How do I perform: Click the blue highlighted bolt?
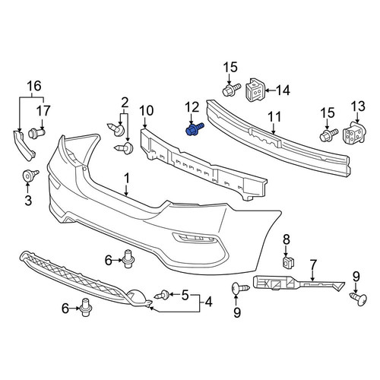tap(195, 129)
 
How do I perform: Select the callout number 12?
tap(192, 107)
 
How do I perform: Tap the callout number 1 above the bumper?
tap(126, 179)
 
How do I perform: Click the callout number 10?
tap(147, 111)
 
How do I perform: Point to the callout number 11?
tap(274, 117)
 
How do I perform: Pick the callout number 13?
tap(358, 106)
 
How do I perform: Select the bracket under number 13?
tap(355, 132)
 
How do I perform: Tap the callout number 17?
tap(43, 111)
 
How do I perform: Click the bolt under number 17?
tap(36, 133)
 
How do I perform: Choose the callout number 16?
tap(34, 86)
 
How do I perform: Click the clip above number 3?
tap(30, 176)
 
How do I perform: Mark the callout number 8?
tap(287, 239)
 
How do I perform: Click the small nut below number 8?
tap(287, 262)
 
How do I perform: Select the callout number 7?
tap(313, 265)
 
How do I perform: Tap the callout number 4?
tap(209, 302)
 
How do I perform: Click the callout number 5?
tap(185, 295)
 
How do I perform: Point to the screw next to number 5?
tap(162, 295)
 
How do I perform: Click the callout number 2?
tap(125, 103)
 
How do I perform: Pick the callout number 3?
tap(28, 201)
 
